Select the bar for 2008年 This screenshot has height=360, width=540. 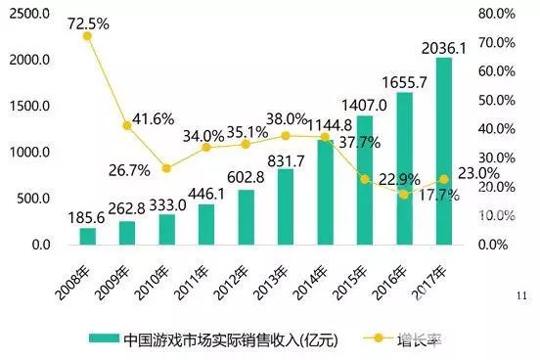tap(87, 236)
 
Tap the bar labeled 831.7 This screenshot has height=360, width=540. tap(286, 206)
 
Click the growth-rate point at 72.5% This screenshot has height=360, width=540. tap(87, 36)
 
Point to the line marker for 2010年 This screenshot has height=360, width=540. tap(166, 168)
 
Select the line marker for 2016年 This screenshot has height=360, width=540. tap(404, 194)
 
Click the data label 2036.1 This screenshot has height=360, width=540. tap(445, 46)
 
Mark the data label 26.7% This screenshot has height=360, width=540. tap(128, 168)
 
